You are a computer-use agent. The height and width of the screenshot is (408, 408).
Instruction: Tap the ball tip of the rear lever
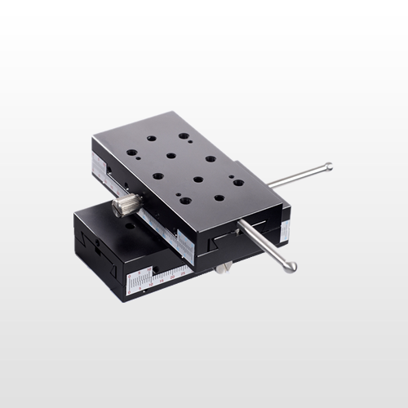pyautogui.click(x=327, y=167)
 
